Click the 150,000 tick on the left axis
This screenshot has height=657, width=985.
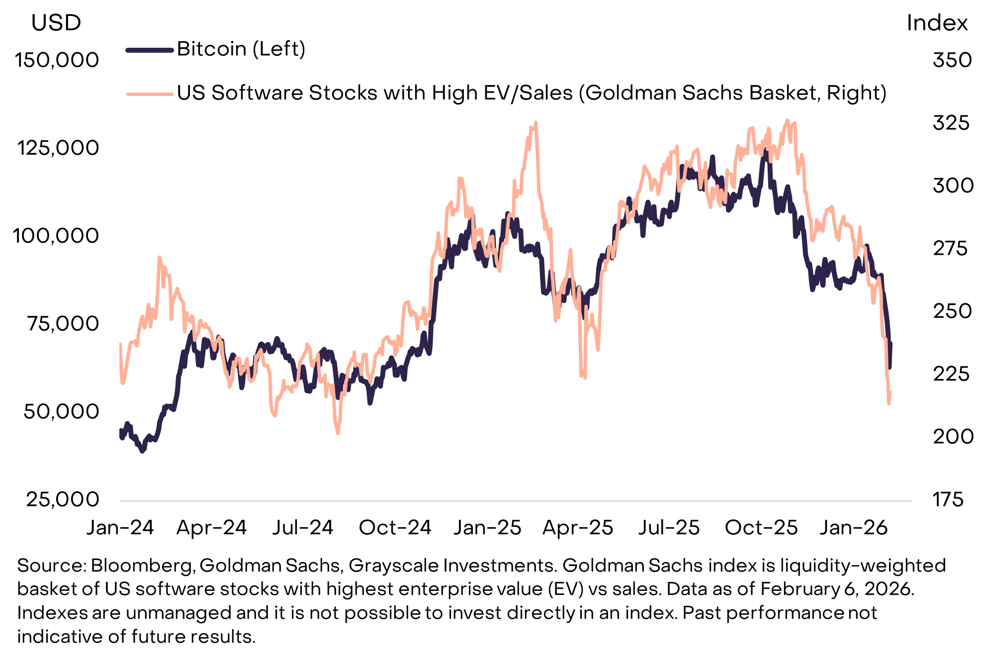pyautogui.click(x=57, y=60)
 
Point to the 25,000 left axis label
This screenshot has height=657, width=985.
pyautogui.click(x=63, y=499)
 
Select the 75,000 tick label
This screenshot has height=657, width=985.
pyautogui.click(x=63, y=324)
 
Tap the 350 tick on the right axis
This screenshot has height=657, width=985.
pyautogui.click(x=952, y=60)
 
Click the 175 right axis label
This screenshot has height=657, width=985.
pyautogui.click(x=948, y=499)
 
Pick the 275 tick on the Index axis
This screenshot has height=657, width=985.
pyautogui.click(x=950, y=248)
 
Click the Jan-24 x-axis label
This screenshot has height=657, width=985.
pyautogui.click(x=120, y=528)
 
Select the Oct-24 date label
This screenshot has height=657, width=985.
pyautogui.click(x=395, y=528)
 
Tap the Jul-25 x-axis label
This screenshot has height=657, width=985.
pyautogui.click(x=669, y=528)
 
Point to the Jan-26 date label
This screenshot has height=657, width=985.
pyautogui.click(x=853, y=528)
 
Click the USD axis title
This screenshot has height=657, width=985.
pyautogui.click(x=56, y=23)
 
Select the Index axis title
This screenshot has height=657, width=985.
pyautogui.click(x=937, y=23)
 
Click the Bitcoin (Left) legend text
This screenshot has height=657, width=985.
pyautogui.click(x=241, y=49)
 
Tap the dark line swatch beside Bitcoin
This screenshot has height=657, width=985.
pyautogui.click(x=149, y=50)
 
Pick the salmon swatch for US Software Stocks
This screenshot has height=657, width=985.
pyautogui.click(x=149, y=94)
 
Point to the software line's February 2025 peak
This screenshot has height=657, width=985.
pyautogui.click(x=535, y=122)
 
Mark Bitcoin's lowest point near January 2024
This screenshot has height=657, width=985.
pyautogui.click(x=143, y=451)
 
